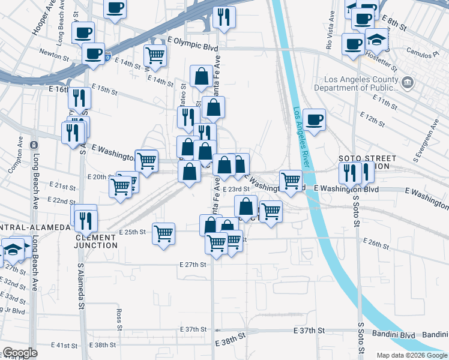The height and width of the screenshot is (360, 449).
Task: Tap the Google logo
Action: pyautogui.click(x=20, y=353)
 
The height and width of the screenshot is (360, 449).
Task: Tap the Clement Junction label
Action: pyautogui.click(x=96, y=241)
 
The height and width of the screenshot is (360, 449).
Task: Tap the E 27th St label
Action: pyautogui.click(x=193, y=265)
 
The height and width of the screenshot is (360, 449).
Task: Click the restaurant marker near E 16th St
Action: pyautogui.click(x=79, y=98)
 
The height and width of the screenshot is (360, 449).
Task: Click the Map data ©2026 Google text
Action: pyautogui.click(x=411, y=355)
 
